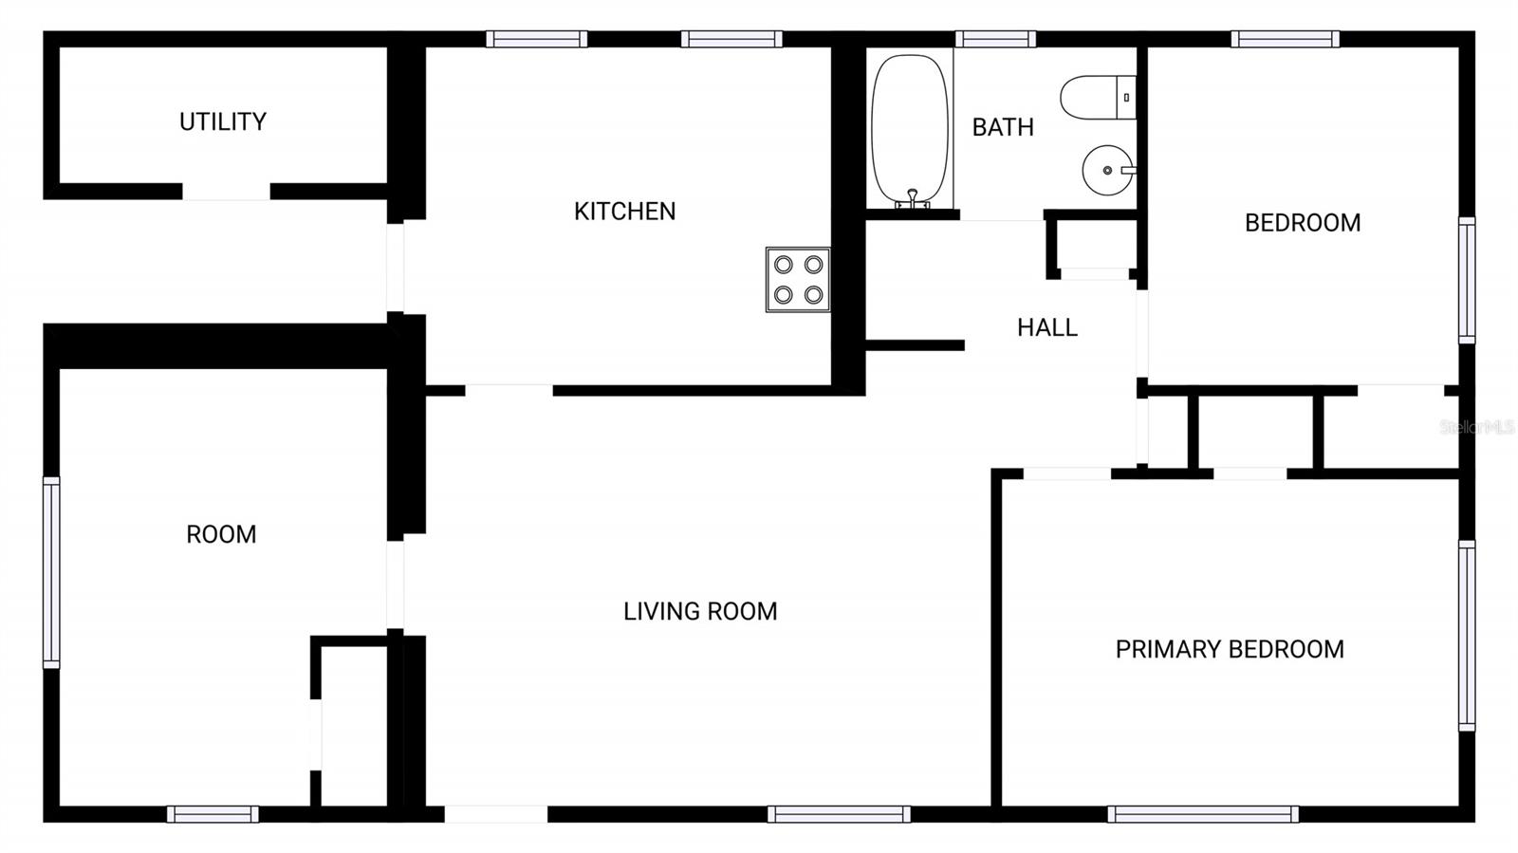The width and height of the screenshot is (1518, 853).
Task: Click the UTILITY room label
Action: click(x=223, y=121)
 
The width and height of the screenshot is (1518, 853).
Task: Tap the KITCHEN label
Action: click(x=624, y=211)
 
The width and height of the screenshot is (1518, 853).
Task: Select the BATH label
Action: click(x=1003, y=127)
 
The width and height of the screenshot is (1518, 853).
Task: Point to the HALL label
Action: click(x=1047, y=327)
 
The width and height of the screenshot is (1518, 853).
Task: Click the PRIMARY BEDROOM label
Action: click(x=1230, y=649)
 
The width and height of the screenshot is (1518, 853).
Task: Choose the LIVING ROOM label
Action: click(x=700, y=611)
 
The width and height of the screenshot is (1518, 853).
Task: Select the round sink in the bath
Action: click(x=1107, y=171)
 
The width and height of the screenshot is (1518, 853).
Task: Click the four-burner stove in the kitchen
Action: click(x=798, y=280)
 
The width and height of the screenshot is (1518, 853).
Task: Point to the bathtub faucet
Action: click(x=912, y=197)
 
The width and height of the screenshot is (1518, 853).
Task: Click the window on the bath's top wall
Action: click(x=995, y=39)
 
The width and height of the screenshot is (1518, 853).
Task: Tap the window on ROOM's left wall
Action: click(x=51, y=572)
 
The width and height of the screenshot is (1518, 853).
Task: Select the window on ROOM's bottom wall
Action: click(x=213, y=814)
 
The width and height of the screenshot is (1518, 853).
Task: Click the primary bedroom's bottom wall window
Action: click(x=1202, y=814)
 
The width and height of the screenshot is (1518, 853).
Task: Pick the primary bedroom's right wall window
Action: click(x=1467, y=636)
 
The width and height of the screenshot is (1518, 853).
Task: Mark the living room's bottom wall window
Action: click(x=839, y=814)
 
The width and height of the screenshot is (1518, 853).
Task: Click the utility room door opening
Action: click(x=226, y=192)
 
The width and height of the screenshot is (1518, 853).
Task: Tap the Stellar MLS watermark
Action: click(x=1476, y=428)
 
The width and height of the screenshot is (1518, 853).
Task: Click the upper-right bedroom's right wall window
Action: click(x=1467, y=280)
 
